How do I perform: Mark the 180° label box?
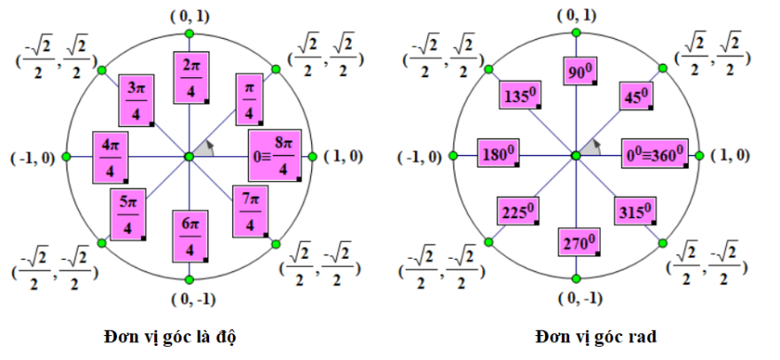coord(498,154)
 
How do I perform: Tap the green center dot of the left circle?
coord(188,156)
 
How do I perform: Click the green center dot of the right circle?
coord(575,156)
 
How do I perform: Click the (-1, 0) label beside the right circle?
coord(422,157)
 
